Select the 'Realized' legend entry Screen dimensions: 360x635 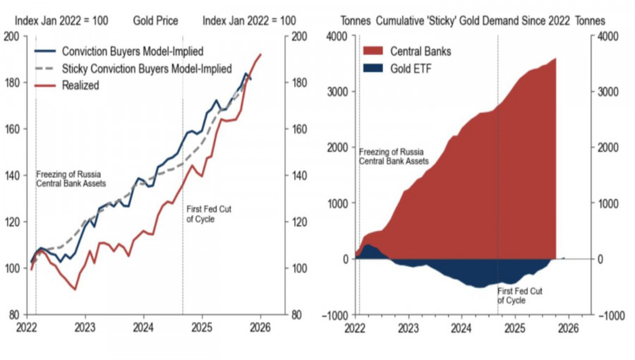pos(80,85)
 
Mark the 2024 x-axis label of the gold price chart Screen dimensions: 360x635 pos(144,328)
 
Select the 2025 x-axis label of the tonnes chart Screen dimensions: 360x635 pos(515,328)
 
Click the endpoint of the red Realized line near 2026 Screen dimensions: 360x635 pos(261,54)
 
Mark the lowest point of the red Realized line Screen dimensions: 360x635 pos(75,289)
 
